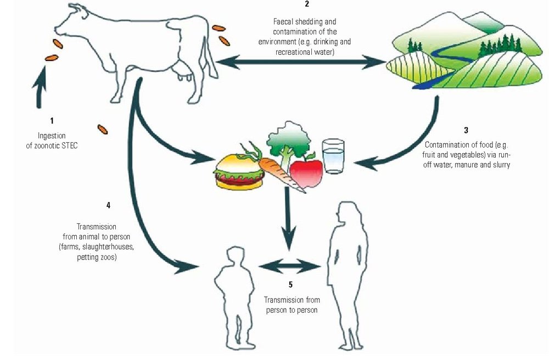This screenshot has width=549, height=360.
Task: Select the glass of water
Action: pos(333,156)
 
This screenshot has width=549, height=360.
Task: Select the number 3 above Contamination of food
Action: pos(466,131)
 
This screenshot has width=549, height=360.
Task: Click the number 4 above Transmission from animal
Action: pos(108,205)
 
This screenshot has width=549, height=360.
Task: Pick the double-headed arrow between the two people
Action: pos(289,267)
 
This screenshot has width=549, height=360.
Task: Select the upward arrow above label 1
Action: pos(40,91)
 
